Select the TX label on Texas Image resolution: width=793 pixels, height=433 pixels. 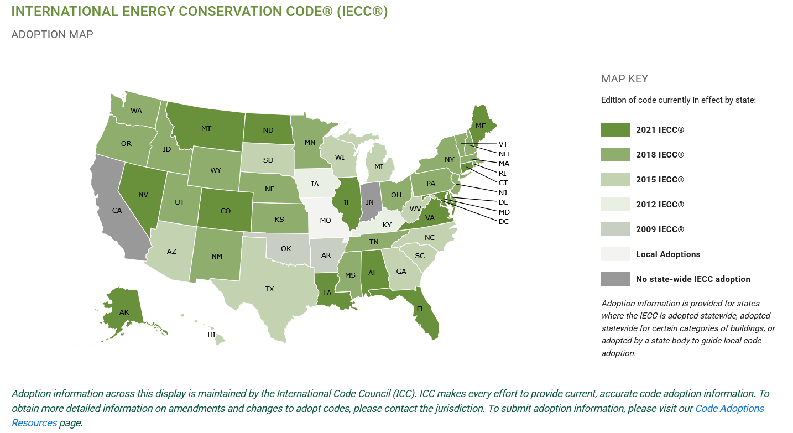click(x=269, y=289)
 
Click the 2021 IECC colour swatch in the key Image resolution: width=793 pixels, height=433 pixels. click(x=615, y=130)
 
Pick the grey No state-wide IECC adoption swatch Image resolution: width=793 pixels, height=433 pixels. click(x=615, y=279)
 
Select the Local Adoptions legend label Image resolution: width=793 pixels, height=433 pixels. click(x=668, y=254)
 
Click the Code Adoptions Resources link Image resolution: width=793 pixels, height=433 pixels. click(x=729, y=409)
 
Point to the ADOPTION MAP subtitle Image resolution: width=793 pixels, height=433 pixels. click(x=52, y=35)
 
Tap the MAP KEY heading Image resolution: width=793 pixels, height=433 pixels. click(x=624, y=79)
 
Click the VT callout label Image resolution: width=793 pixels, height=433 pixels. click(x=503, y=144)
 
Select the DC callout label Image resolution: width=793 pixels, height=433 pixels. click(x=503, y=222)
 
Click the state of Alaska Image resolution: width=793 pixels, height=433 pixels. click(x=123, y=310)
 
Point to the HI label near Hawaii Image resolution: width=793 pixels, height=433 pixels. click(x=211, y=335)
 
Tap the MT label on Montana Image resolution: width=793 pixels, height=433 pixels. click(x=206, y=129)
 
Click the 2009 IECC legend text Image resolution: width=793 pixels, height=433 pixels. click(x=660, y=229)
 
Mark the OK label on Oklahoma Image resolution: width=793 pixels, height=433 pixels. click(x=286, y=248)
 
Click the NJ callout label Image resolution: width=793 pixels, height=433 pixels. click(x=503, y=192)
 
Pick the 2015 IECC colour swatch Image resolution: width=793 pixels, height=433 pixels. click(x=615, y=180)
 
